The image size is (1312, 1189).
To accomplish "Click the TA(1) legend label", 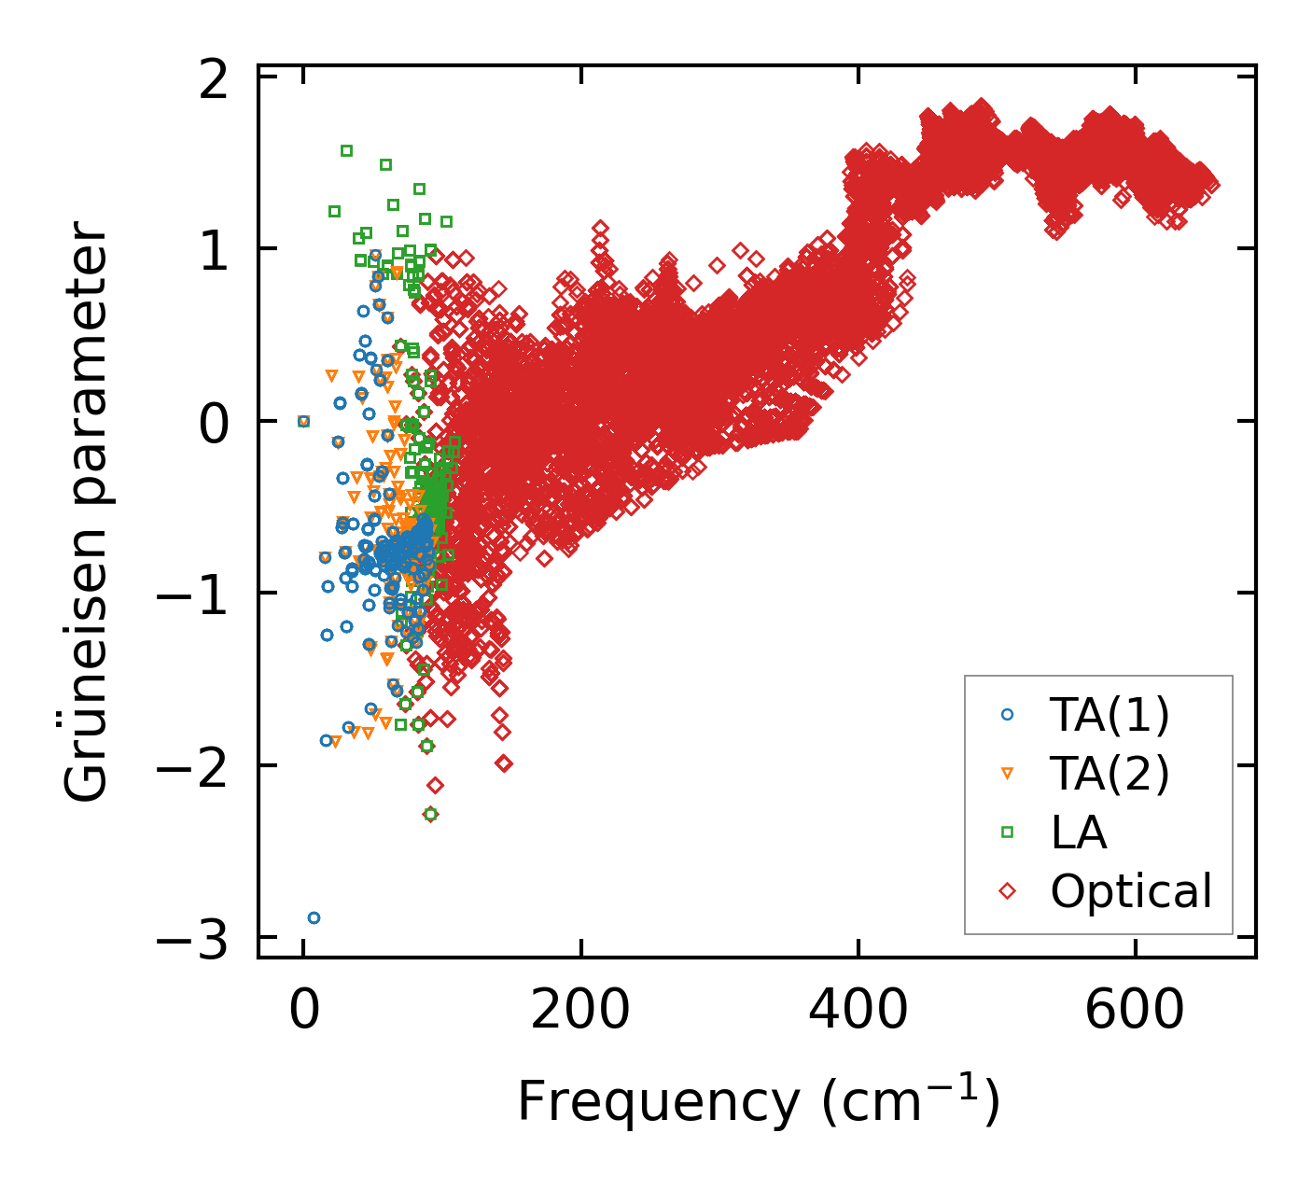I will [x=1110, y=715].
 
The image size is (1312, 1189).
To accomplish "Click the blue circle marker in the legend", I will [x=1007, y=715].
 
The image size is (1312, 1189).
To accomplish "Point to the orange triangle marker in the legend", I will [x=1007, y=774].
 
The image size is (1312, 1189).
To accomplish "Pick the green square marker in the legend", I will [x=1007, y=832].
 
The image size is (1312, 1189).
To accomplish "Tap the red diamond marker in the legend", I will [x=1007, y=890].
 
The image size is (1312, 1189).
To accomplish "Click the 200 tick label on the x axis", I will [x=580, y=1012].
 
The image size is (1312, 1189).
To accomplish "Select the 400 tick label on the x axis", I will [x=858, y=1012].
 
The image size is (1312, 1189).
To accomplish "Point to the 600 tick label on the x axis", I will [x=1135, y=1012].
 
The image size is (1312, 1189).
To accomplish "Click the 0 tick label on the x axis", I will [x=303, y=1012].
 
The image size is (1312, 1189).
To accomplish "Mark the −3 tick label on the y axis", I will [x=192, y=940].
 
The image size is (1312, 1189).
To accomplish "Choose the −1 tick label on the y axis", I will [x=192, y=595].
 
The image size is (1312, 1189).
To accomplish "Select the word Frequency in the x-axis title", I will [x=658, y=1101].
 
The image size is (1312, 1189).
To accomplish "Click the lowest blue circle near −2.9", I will [x=314, y=917].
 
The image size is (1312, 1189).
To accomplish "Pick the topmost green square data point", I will [x=346, y=150].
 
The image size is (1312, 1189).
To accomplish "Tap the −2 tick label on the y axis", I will [x=192, y=767].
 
